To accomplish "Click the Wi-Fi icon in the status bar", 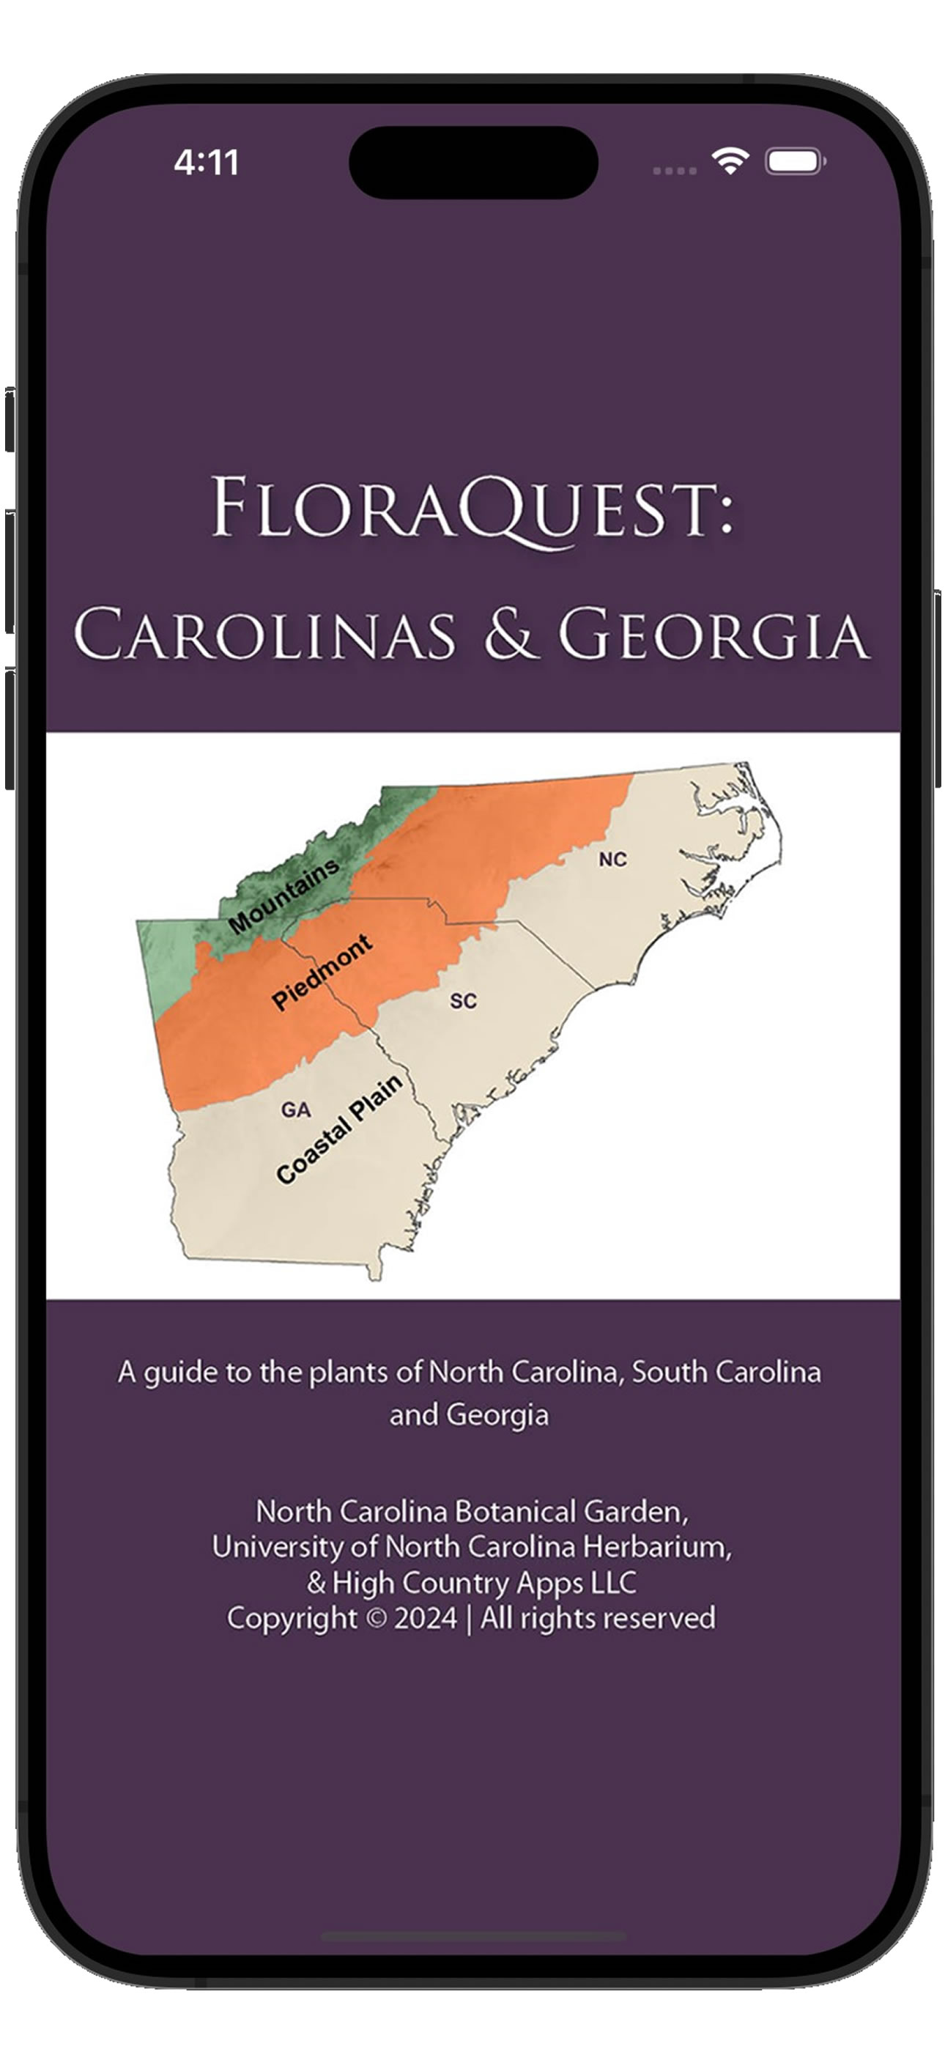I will pyautogui.click(x=730, y=160).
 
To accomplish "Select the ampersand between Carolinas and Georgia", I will pyautogui.click(x=509, y=633).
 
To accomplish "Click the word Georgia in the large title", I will pyautogui.click(x=713, y=635).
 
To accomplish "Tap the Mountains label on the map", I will pyautogui.click(x=283, y=896).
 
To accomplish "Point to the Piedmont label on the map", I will pyautogui.click(x=322, y=972).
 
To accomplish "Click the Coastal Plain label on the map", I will pyautogui.click(x=339, y=1129).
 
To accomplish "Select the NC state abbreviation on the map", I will pyautogui.click(x=612, y=859).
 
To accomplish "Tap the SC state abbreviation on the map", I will pyautogui.click(x=463, y=1000).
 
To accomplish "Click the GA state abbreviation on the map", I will pyautogui.click(x=295, y=1110).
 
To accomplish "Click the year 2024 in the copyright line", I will pyautogui.click(x=425, y=1618).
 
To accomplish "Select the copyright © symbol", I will pyautogui.click(x=377, y=1618).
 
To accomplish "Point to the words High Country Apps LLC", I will pyautogui.click(x=483, y=1582).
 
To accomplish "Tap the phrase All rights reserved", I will pyautogui.click(x=597, y=1618).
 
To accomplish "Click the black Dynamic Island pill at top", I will pyautogui.click(x=473, y=162).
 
